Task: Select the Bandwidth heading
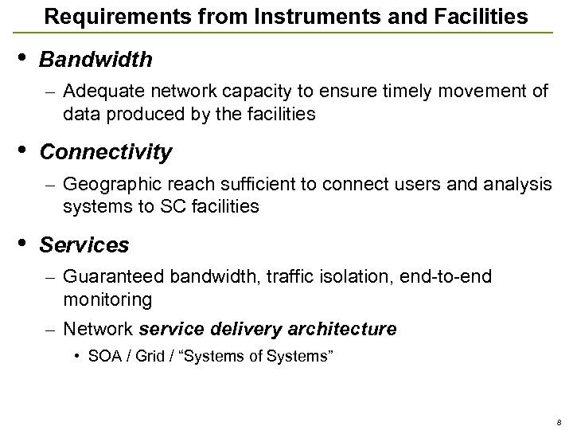tap(95, 60)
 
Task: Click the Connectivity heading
tap(105, 151)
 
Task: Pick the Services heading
tap(84, 244)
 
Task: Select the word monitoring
tap(107, 299)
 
